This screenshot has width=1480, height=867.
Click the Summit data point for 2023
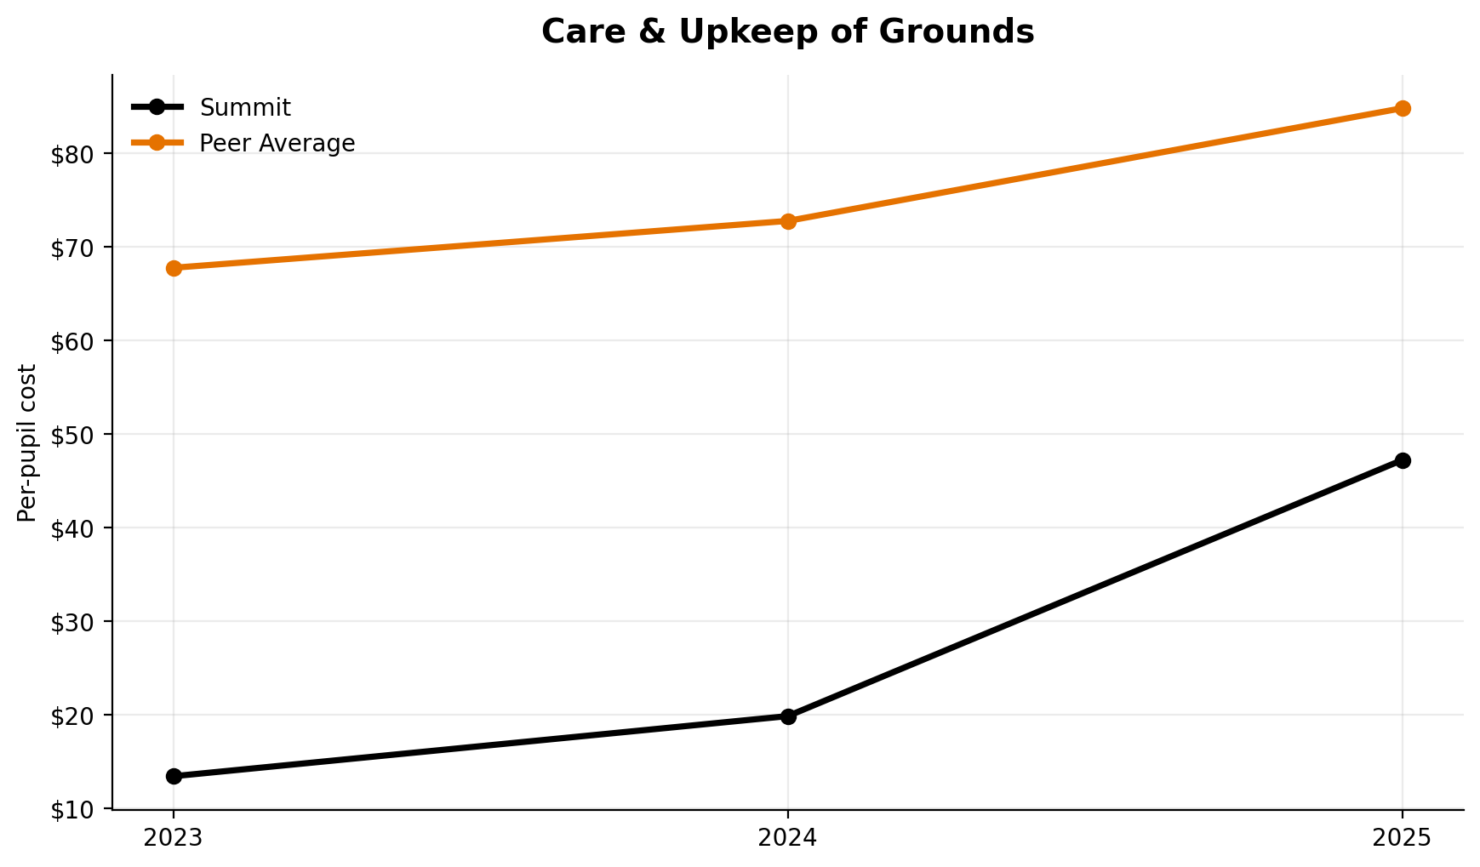174,776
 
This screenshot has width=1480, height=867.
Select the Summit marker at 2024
788,716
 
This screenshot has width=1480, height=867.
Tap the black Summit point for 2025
1403,460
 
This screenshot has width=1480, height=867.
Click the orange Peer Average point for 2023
174,268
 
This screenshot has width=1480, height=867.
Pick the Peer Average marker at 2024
788,221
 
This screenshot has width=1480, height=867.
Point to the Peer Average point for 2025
1403,108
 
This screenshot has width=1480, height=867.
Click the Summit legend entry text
245,108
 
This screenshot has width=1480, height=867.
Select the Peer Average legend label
277,144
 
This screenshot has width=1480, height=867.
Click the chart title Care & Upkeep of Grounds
787,32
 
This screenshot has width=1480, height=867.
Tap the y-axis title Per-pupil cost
27,442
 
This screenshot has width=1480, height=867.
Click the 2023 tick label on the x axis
174,839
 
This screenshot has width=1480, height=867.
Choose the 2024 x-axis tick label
788,839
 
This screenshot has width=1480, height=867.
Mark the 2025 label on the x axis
1403,839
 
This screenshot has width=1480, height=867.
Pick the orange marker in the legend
157,143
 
